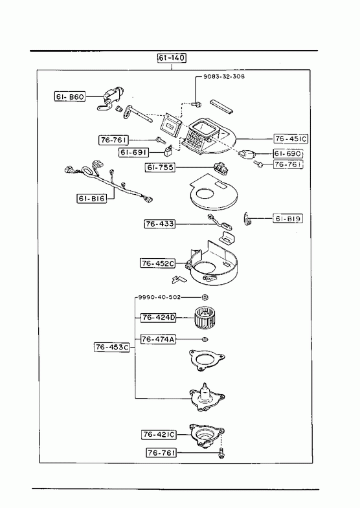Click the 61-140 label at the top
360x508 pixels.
point(172,58)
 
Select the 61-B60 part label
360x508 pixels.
point(70,96)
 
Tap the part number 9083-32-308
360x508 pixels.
point(224,76)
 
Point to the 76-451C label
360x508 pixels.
point(291,138)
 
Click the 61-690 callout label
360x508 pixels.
point(287,153)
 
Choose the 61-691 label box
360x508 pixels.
point(134,152)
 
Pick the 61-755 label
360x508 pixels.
point(160,168)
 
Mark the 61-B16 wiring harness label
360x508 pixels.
point(92,198)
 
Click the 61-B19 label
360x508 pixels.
point(287,219)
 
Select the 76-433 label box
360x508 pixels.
point(160,224)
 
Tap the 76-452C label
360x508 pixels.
point(158,263)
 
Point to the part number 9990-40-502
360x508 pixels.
point(159,297)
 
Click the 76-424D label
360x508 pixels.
point(158,318)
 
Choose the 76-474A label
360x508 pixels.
point(158,339)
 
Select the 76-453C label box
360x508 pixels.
point(112,347)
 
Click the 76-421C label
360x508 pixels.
point(159,434)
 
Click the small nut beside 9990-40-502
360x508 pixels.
point(205,297)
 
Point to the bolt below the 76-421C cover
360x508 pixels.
point(222,453)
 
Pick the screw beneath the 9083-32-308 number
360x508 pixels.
point(196,104)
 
